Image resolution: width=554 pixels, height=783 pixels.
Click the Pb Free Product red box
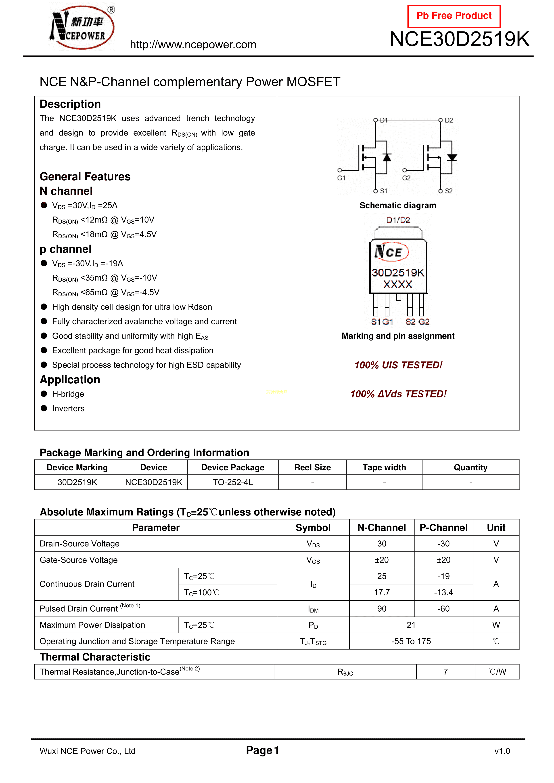pos(454,16)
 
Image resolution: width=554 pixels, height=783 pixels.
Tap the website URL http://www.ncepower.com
pos(193,45)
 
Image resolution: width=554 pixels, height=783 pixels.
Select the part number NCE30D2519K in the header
pos(460,39)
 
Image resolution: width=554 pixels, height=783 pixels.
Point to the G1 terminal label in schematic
pos(341,178)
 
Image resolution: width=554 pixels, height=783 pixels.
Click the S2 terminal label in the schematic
pos(449,191)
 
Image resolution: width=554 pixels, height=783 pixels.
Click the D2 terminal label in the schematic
pos(449,120)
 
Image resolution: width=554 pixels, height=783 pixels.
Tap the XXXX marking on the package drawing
pos(398,285)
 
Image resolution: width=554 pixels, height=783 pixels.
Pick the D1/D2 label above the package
pos(398,220)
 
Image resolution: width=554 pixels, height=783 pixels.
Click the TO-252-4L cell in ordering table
pos(233,482)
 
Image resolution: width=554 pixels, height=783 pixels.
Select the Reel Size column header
pos(312,467)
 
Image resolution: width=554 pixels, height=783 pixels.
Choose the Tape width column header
pos(384,467)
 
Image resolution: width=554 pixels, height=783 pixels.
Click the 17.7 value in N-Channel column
pos(382,592)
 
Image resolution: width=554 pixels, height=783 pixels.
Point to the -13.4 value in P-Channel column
pos(443,592)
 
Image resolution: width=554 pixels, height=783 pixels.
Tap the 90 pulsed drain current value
pos(382,609)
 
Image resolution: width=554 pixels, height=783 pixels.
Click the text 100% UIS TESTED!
pos(398,365)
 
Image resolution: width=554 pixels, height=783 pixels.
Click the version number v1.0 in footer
pos(502,751)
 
